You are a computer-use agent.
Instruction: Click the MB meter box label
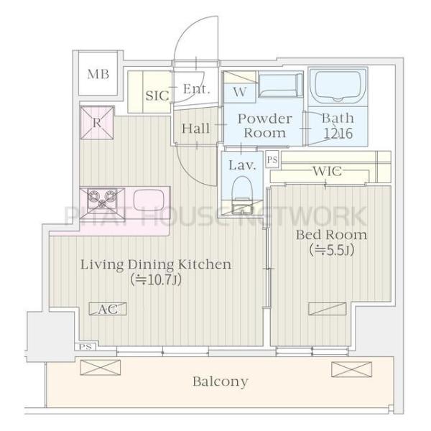(98, 74)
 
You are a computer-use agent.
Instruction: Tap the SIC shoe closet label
(157, 96)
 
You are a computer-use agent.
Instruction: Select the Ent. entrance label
(197, 89)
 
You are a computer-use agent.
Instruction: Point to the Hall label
(195, 129)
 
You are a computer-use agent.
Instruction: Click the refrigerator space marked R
(97, 123)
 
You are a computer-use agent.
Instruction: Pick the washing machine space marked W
(240, 92)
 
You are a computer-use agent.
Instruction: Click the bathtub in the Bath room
(338, 87)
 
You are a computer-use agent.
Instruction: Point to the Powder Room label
(264, 126)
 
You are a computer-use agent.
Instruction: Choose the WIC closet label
(328, 171)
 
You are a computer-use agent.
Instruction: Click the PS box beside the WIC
(272, 159)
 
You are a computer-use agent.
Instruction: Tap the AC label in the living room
(108, 309)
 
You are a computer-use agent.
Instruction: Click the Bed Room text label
(331, 235)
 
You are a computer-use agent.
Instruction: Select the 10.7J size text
(156, 280)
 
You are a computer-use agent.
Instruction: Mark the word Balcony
(221, 382)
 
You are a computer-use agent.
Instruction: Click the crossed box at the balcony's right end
(351, 369)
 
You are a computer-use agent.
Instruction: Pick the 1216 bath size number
(338, 134)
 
